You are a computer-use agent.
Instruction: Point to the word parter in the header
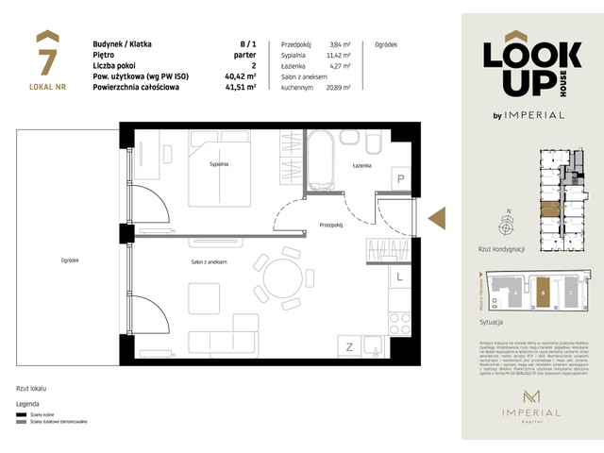pyautogui.click(x=246, y=55)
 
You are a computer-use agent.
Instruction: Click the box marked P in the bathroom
pyautogui.click(x=400, y=179)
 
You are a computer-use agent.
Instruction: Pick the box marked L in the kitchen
pyautogui.click(x=400, y=277)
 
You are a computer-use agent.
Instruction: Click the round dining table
pyautogui.click(x=282, y=280)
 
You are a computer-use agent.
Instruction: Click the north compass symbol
pyautogui.click(x=508, y=226)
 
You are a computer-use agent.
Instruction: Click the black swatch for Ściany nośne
pyautogui.click(x=22, y=413)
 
